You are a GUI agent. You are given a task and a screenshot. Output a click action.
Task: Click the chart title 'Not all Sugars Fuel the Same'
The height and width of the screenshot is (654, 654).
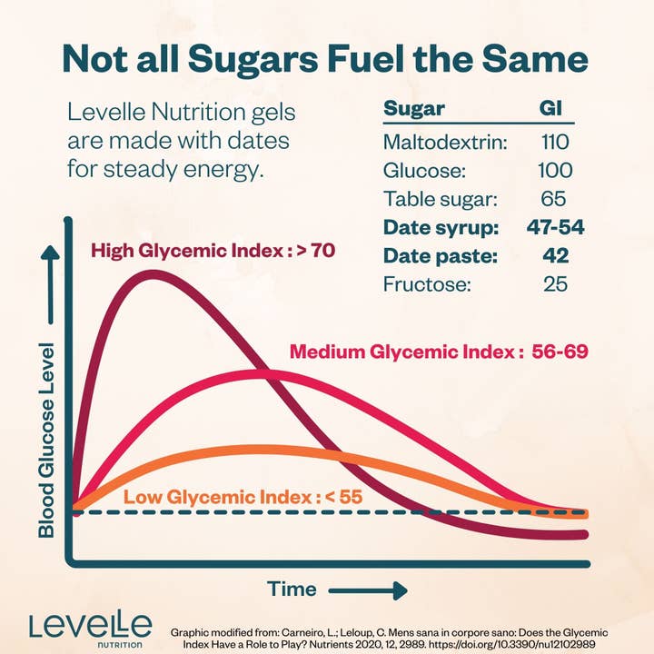326,59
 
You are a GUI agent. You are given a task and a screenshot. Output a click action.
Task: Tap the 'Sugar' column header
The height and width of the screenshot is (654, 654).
414,109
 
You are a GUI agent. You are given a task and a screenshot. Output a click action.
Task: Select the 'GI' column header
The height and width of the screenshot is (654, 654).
551,109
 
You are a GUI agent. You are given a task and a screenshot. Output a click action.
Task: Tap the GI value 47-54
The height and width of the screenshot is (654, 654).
554,227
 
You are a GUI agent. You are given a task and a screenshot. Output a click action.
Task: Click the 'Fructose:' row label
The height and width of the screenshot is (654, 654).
427,284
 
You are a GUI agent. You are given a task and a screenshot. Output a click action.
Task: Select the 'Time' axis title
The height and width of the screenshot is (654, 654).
292,589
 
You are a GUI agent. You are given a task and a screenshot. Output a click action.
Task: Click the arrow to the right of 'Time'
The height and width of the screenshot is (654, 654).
367,590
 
